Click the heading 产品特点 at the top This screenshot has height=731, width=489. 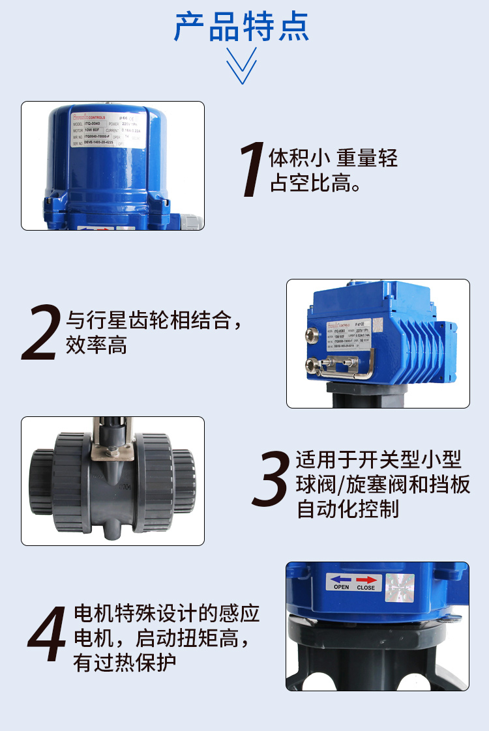click(241, 27)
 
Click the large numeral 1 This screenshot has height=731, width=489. click(253, 170)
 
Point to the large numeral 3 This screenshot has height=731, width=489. click(270, 480)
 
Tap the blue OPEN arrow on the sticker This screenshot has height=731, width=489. click(341, 578)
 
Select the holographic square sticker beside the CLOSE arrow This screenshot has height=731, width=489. click(399, 586)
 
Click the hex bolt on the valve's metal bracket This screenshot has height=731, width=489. click(111, 451)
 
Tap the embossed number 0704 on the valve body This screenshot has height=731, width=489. click(125, 487)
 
